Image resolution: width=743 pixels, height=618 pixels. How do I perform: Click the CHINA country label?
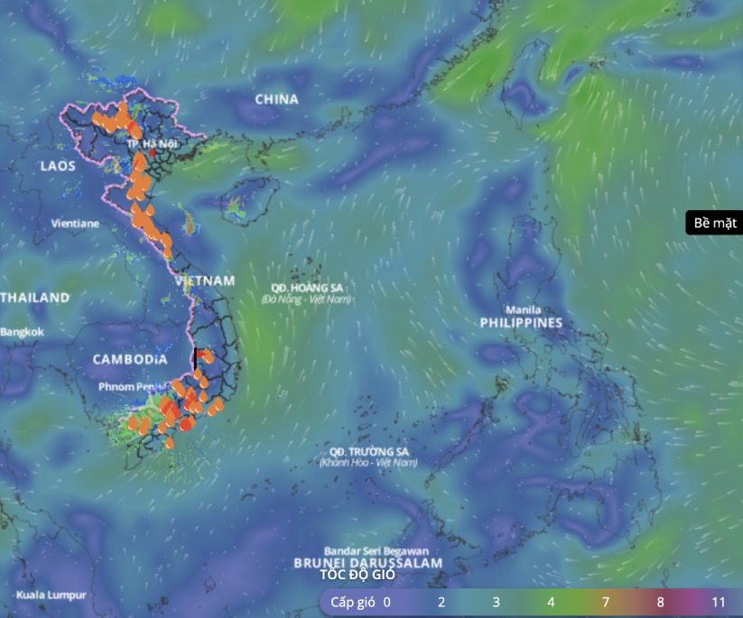point(276,99)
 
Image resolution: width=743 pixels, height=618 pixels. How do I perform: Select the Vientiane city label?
point(75,222)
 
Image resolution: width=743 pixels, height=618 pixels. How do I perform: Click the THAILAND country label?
point(34,297)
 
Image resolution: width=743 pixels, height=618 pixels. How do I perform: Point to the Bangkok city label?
point(23,332)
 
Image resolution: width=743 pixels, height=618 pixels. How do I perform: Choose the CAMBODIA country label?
point(130,359)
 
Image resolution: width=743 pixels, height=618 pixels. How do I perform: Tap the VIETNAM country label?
point(205,281)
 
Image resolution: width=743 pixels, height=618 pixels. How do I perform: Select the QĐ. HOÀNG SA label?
point(304,288)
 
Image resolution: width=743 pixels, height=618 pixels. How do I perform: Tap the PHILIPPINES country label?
point(521,322)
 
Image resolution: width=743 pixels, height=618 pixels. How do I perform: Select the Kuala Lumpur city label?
point(51,595)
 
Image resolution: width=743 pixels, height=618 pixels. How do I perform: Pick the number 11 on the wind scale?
point(719,602)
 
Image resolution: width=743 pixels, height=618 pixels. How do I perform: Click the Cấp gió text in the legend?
point(352,602)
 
